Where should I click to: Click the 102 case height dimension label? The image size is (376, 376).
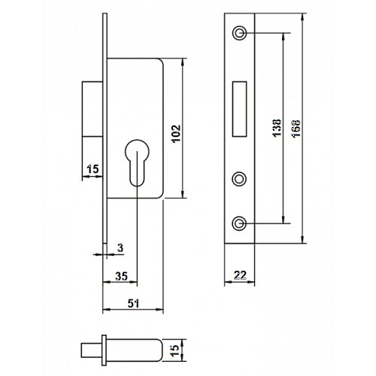[x=177, y=133]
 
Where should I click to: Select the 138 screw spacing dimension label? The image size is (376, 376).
[x=277, y=128]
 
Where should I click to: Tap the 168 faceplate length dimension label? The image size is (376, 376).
[x=296, y=128]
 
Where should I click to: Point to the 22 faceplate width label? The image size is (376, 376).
[x=240, y=275]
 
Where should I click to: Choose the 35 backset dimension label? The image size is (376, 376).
[x=121, y=276]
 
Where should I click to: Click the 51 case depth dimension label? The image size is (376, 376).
[x=133, y=304]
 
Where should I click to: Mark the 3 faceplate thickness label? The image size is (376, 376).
[x=120, y=248]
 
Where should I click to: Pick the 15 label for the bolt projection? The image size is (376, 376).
[x=92, y=169]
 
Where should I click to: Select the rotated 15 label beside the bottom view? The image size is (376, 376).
[x=176, y=350]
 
